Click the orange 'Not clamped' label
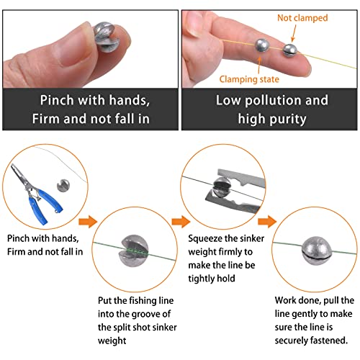(x=302, y=18)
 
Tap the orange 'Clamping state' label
(x=249, y=79)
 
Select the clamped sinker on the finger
(x=261, y=45)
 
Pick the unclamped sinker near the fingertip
(x=290, y=50)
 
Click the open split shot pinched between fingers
(x=107, y=37)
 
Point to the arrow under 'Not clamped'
(x=294, y=33)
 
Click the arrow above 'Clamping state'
(x=259, y=65)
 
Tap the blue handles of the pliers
(x=45, y=207)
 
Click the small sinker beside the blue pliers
(x=63, y=186)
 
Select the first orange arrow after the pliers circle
(x=88, y=221)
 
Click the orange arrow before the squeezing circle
(x=181, y=221)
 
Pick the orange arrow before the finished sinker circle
(x=267, y=221)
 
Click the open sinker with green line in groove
(x=134, y=251)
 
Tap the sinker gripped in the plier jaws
(x=222, y=187)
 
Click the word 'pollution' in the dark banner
(x=273, y=101)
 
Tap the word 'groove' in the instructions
(x=156, y=314)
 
